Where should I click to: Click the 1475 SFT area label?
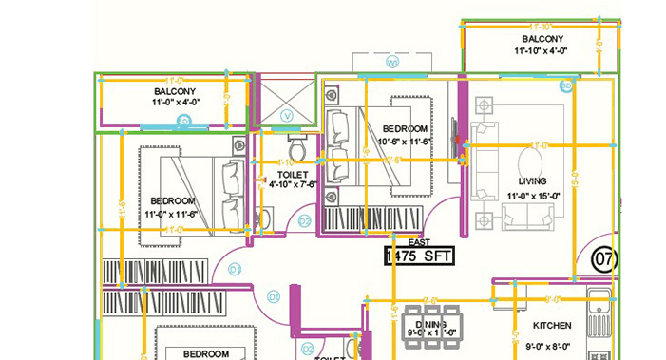pos(419,255)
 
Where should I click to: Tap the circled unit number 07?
pos(603,257)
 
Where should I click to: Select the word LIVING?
pos(534,180)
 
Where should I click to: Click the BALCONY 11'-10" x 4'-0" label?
pos(542,45)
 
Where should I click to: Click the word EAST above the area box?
pos(419,243)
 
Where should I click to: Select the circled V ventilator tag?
pos(289,115)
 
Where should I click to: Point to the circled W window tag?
pos(392,64)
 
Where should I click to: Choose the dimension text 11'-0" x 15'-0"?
pos(534,196)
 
